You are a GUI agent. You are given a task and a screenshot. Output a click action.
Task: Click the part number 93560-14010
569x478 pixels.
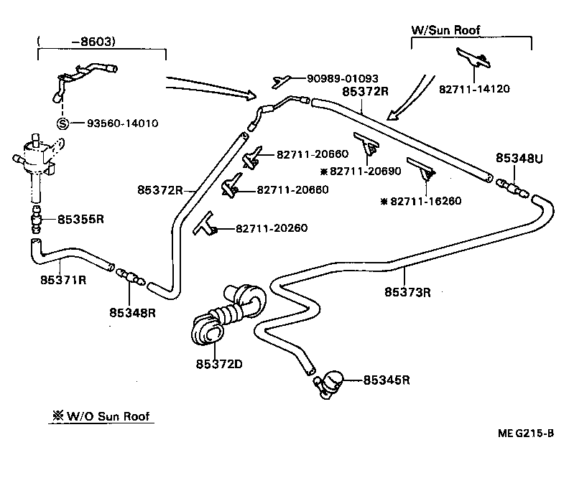point(123,123)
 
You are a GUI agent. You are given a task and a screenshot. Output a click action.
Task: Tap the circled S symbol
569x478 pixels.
point(63,123)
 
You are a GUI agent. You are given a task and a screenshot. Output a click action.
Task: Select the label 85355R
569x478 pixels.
point(80,219)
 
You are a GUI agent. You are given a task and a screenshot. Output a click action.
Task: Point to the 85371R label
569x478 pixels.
point(63,279)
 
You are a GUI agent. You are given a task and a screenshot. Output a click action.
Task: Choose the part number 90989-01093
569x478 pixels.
point(343,78)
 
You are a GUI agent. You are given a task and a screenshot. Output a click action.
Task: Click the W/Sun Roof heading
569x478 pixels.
point(445,30)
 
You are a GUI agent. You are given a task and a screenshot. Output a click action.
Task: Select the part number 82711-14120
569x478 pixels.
point(473,89)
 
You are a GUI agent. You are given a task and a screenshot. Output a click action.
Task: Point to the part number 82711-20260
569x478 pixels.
point(272,228)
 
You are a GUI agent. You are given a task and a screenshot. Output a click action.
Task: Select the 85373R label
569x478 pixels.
point(407,291)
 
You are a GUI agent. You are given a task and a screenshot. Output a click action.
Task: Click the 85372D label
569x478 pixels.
point(218,363)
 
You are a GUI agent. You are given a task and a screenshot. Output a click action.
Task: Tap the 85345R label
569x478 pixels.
point(387,380)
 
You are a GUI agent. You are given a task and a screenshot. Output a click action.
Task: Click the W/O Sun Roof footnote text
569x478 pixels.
point(103,416)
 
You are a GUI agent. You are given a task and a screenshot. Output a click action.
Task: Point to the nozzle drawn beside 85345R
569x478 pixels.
point(330,382)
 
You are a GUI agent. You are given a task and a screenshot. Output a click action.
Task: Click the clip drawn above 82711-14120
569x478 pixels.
point(473,57)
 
